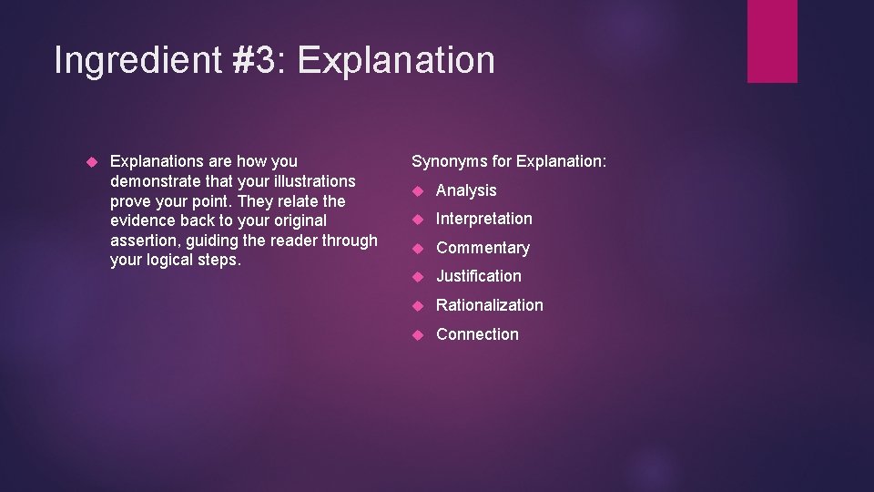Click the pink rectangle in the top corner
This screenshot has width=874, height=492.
(x=772, y=40)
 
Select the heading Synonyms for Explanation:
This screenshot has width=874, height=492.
(x=509, y=161)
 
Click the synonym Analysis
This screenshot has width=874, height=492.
(x=466, y=190)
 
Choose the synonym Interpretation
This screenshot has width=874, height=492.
(x=483, y=219)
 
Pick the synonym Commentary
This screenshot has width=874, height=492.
(x=483, y=248)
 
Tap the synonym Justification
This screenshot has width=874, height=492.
(x=479, y=276)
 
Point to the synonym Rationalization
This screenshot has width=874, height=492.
(x=489, y=305)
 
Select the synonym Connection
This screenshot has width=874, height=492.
(x=477, y=334)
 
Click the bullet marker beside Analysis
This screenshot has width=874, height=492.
(x=418, y=190)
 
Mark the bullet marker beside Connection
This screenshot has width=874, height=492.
(x=418, y=334)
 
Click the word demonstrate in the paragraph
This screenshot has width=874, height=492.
(x=153, y=181)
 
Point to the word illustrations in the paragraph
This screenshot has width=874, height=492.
(x=309, y=181)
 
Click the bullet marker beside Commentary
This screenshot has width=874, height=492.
(x=418, y=248)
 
